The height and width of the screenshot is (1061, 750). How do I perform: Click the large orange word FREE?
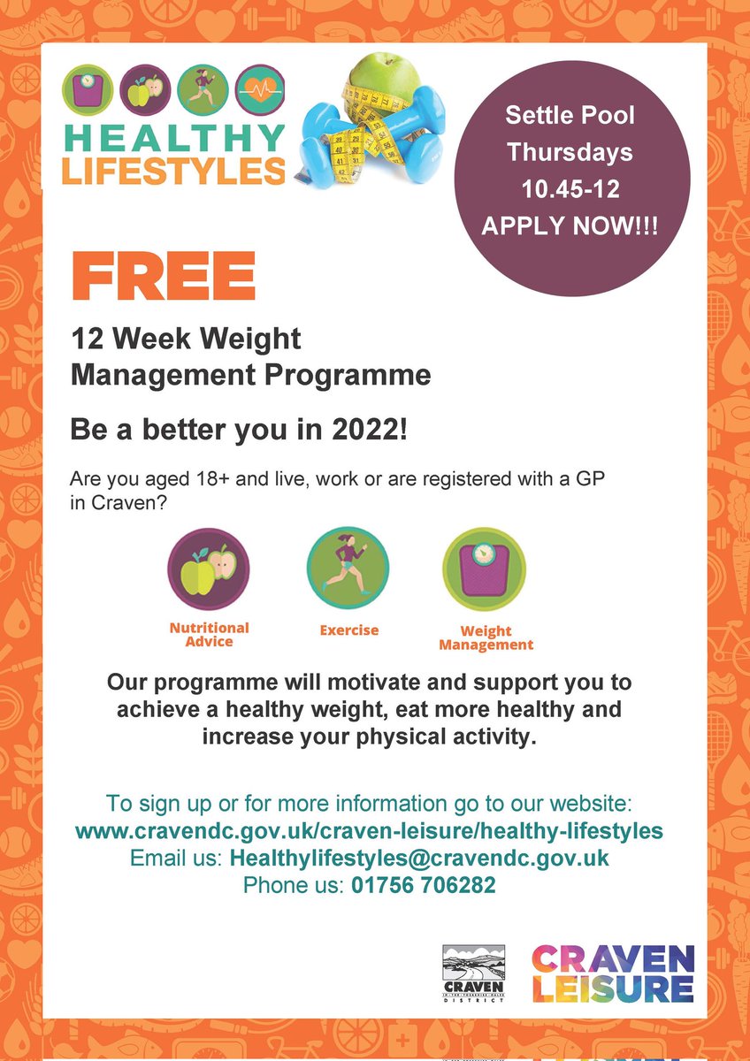164,276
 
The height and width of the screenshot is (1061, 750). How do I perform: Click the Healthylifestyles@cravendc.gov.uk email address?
419,859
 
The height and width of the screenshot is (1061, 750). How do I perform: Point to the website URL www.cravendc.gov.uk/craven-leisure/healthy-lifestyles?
369,831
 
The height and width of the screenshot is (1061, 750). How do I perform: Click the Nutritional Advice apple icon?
209,569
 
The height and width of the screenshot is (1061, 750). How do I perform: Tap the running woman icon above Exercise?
348,569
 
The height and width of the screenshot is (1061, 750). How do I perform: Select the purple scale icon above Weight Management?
484,569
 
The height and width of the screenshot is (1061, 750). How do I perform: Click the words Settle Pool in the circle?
570,115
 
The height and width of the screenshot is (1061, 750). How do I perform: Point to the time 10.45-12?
570,189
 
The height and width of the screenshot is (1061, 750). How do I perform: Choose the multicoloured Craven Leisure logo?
613,973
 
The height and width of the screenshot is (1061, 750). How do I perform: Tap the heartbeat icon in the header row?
262,89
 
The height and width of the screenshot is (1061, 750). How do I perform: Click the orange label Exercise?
348,630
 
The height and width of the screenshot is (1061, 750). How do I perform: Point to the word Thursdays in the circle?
570,152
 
